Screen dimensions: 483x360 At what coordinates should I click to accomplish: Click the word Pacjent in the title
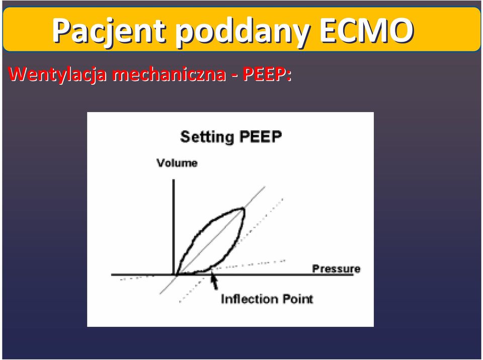(109, 31)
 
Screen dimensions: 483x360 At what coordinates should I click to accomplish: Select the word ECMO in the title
(367, 30)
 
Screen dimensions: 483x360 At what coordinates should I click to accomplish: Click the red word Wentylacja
(58, 74)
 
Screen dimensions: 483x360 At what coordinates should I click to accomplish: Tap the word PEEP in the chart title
(260, 136)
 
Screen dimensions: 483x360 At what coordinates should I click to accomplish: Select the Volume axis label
(177, 163)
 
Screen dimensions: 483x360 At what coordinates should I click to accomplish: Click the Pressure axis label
(336, 269)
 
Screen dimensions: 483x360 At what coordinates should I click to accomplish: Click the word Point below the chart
(298, 299)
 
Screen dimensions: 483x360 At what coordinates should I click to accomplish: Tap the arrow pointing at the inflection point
(214, 280)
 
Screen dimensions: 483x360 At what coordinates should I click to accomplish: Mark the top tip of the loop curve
(244, 209)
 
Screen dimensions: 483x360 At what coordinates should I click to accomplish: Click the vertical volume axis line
(174, 227)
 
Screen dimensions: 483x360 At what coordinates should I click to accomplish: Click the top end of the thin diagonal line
(265, 187)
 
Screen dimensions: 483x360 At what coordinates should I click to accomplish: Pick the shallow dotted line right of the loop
(249, 264)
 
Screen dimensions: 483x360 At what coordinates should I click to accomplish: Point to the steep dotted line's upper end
(283, 199)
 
